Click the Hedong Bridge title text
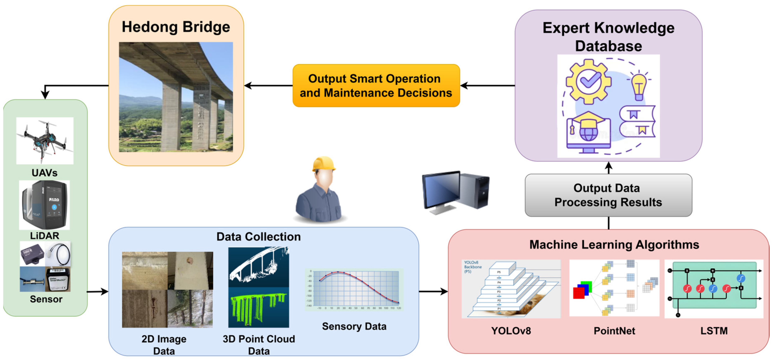(x=176, y=27)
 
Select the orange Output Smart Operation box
(x=376, y=86)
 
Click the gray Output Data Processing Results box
(x=608, y=195)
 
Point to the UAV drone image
(x=45, y=141)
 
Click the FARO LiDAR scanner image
(x=45, y=205)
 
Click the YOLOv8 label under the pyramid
(x=511, y=331)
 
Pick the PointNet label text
(x=614, y=331)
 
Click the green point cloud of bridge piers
(x=258, y=308)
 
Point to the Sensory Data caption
(x=354, y=326)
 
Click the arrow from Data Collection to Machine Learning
(x=433, y=292)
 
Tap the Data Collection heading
(x=258, y=237)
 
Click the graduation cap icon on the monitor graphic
(x=587, y=121)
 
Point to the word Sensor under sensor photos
(x=46, y=299)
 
